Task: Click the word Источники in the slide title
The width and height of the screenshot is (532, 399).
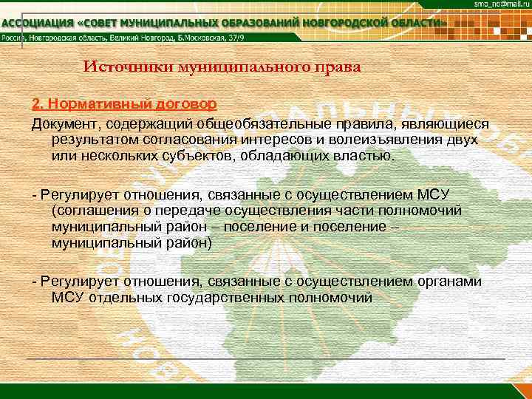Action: (126, 67)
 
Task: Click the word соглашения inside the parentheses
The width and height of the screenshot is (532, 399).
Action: (94, 210)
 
